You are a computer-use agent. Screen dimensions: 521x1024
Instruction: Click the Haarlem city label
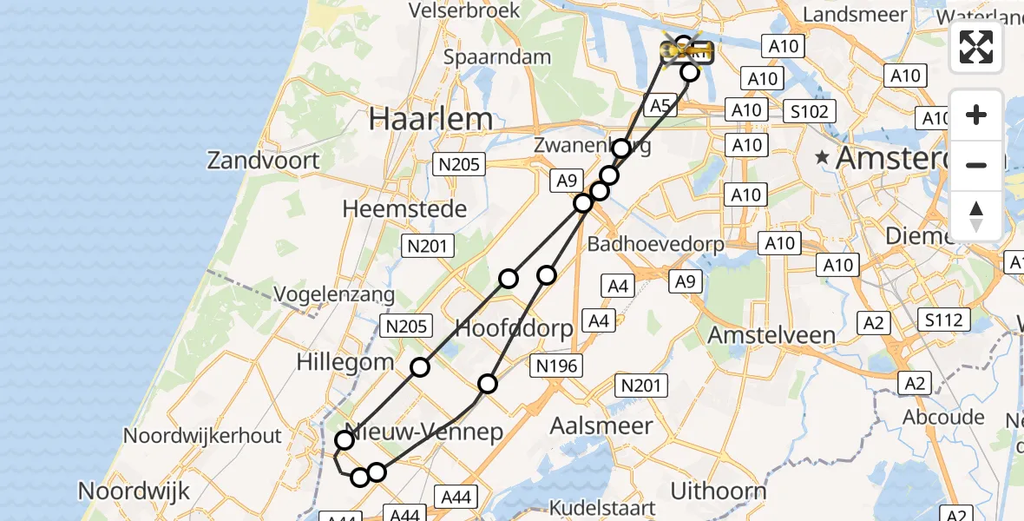tap(431, 119)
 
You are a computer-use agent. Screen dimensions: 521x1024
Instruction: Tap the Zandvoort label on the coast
tap(263, 160)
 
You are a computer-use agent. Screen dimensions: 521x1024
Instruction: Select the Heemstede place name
tap(404, 208)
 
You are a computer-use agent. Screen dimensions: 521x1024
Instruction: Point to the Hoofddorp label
tap(515, 329)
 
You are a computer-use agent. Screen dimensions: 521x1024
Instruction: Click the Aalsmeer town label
tap(601, 426)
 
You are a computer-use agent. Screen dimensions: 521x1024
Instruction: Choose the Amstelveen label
tap(771, 335)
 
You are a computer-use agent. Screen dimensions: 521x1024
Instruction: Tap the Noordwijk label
tap(134, 491)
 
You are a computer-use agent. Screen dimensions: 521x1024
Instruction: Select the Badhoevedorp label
tap(655, 244)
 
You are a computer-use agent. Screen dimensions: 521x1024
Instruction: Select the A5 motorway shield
tap(660, 106)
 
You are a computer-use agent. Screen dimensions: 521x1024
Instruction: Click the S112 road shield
tap(943, 320)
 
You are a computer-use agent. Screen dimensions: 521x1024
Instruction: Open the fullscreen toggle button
tap(976, 47)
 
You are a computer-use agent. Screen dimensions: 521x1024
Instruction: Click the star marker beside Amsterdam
tap(821, 158)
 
